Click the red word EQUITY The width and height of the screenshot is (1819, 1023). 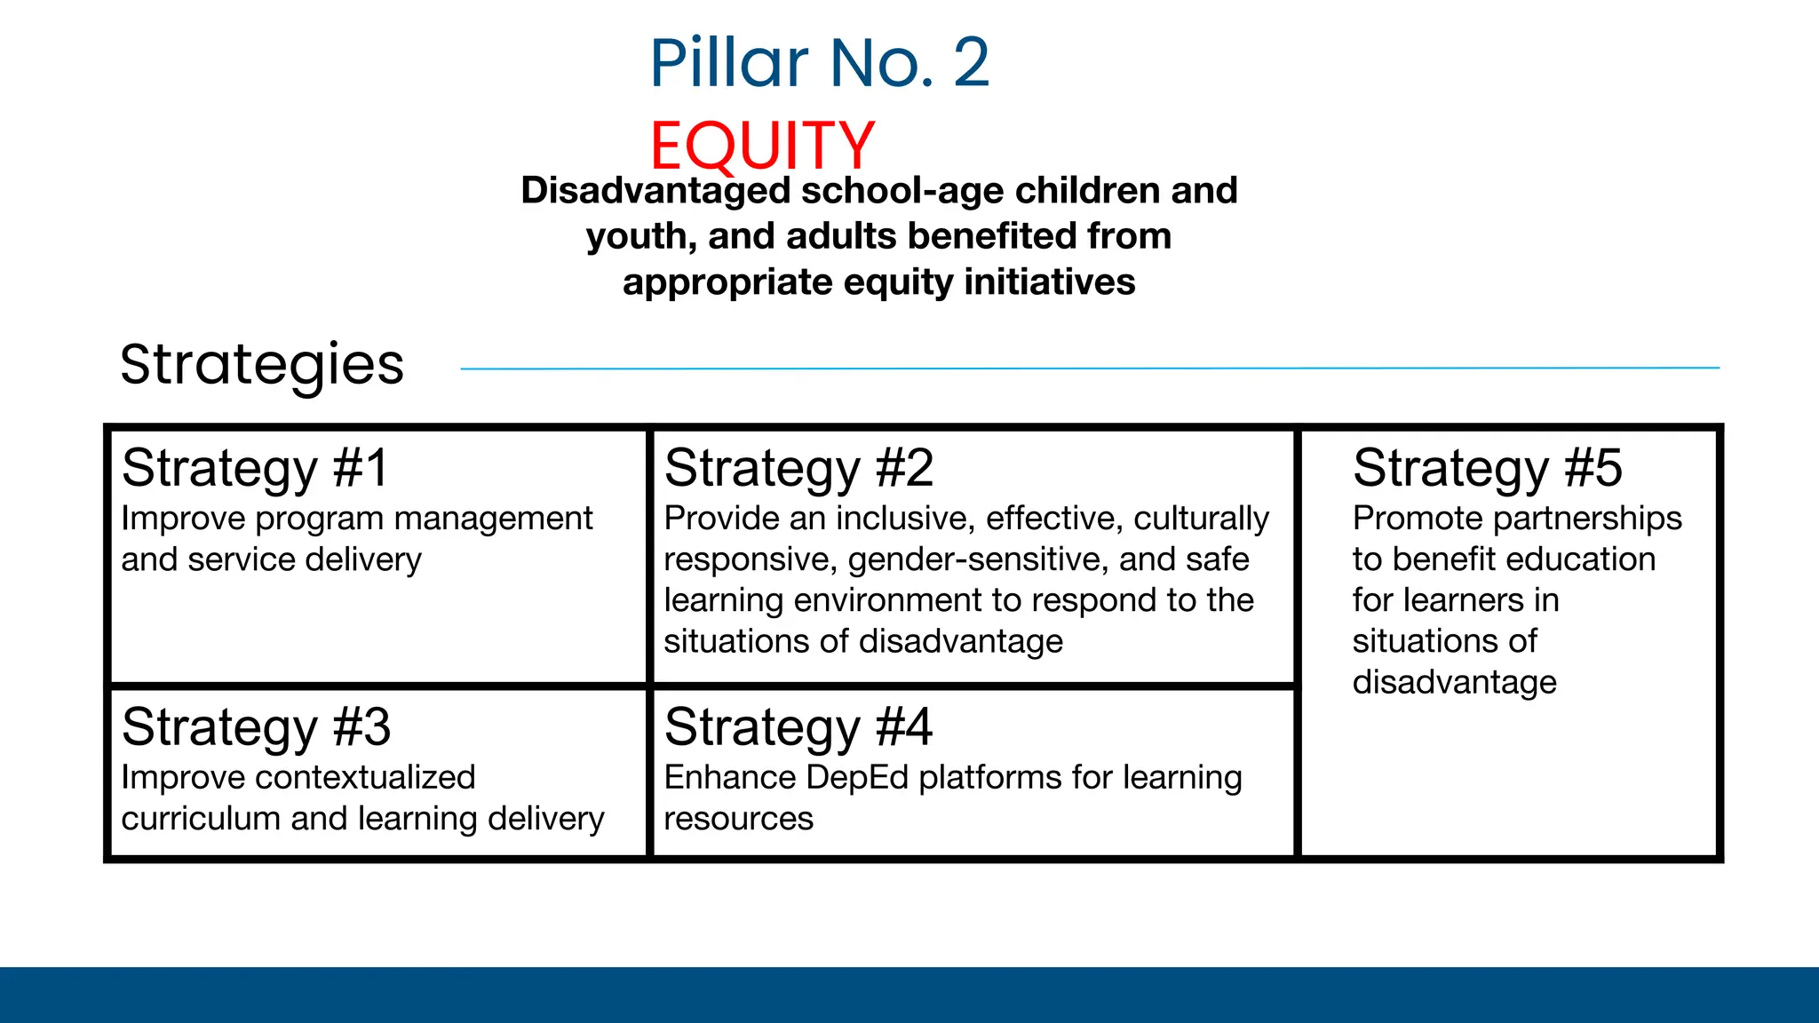[x=762, y=145]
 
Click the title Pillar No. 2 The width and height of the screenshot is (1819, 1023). [x=819, y=63]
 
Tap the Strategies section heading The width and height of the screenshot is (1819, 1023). [x=262, y=364]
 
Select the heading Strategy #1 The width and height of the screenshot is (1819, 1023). [x=256, y=468]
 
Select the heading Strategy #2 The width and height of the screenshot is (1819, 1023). [x=798, y=468]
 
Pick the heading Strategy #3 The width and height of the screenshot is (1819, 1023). [x=256, y=727]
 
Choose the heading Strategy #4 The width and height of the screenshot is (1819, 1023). [x=798, y=727]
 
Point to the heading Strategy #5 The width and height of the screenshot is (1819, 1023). [x=1487, y=468]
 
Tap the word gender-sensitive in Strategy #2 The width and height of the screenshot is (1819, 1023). [x=978, y=559]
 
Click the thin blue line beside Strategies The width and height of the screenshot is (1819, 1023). [x=1090, y=368]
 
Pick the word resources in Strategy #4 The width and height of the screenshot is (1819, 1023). [x=738, y=819]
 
